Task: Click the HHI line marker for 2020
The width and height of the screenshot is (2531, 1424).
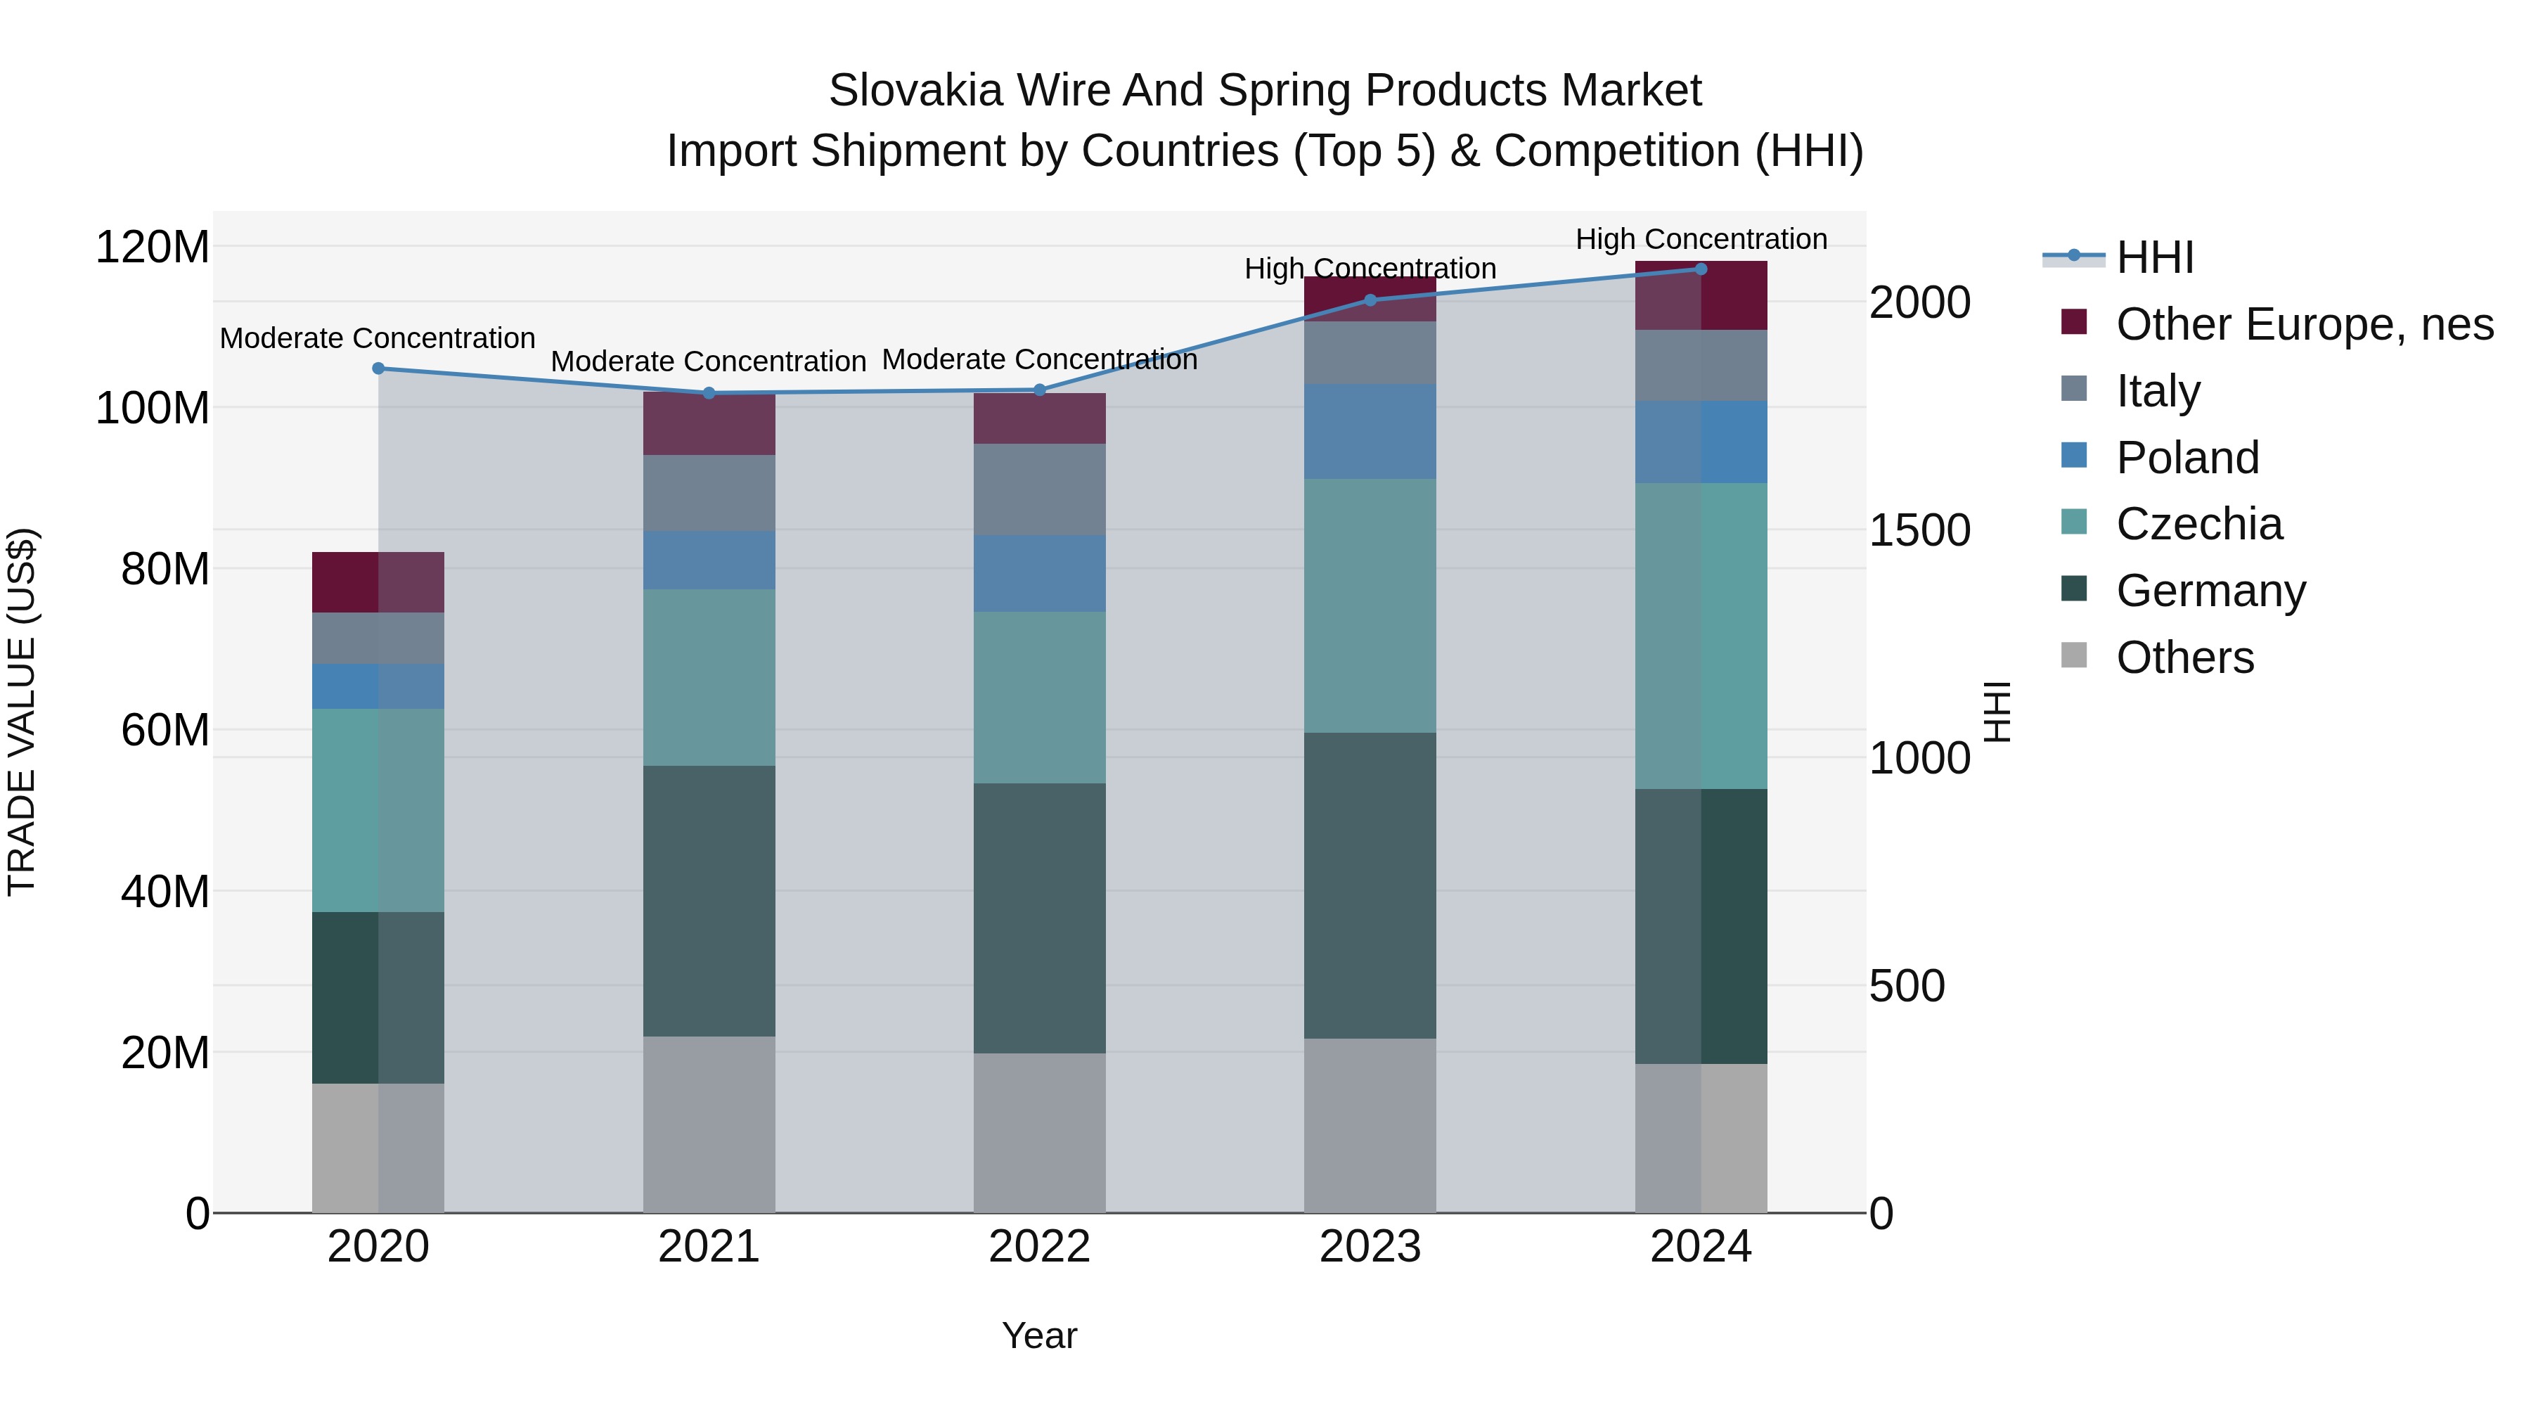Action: pos(378,368)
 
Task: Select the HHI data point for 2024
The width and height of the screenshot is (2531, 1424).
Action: pos(1701,269)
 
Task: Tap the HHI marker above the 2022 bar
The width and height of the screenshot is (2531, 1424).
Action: pos(1040,390)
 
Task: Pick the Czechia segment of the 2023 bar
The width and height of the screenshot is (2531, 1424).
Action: pos(1370,605)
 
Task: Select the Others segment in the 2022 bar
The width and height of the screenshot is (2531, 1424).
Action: pos(1040,1132)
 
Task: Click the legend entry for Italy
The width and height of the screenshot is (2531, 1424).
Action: pos(2158,391)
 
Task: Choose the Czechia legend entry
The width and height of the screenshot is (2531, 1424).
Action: pos(2199,524)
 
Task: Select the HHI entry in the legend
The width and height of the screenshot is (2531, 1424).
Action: pos(2153,257)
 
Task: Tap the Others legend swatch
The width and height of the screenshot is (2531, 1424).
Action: pos(2073,655)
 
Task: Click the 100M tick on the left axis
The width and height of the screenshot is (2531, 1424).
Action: pos(153,408)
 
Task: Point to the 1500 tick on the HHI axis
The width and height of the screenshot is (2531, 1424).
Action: pos(1919,531)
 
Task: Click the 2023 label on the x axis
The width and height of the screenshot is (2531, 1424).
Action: pos(1370,1247)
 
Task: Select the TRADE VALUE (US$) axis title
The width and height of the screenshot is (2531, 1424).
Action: pos(22,712)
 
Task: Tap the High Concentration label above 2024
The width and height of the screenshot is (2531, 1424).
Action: pos(1701,239)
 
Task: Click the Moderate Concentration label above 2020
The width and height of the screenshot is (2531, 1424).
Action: pos(378,338)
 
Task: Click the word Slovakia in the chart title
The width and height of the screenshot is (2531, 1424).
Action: pos(915,91)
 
